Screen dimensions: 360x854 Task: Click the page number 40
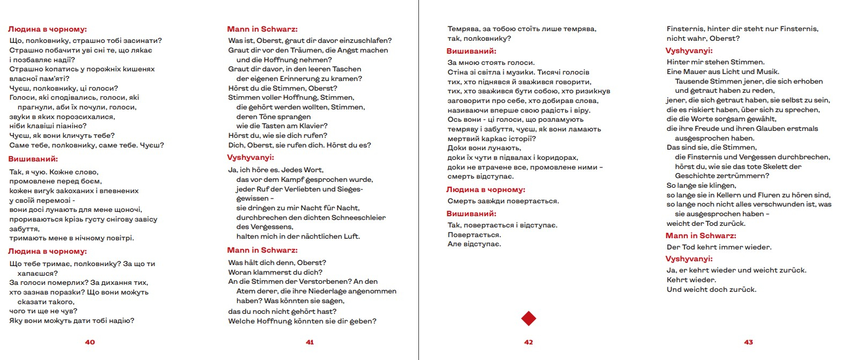pyautogui.click(x=90, y=342)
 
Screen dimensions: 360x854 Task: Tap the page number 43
pyautogui.click(x=748, y=342)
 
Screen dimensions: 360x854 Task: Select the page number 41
pyautogui.click(x=310, y=342)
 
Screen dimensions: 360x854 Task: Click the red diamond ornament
pyautogui.click(x=528, y=319)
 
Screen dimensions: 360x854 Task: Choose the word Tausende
pyautogui.click(x=693, y=81)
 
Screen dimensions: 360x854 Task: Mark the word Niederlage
pyautogui.click(x=323, y=291)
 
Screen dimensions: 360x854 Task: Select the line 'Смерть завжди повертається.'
pyautogui.click(x=503, y=201)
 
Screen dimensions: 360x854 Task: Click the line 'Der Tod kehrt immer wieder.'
pyautogui.click(x=718, y=247)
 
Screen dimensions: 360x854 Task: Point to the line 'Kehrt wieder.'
pyautogui.click(x=691, y=280)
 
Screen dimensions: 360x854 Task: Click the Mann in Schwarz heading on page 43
pyautogui.click(x=701, y=236)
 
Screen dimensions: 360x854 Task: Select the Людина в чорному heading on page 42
pyautogui.click(x=485, y=189)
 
